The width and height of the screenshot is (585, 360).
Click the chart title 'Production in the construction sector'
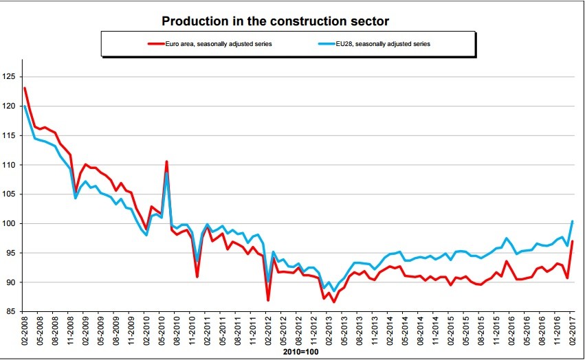(275, 21)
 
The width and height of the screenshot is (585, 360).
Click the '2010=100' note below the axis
(299, 353)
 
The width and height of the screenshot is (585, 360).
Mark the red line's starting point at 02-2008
(25, 88)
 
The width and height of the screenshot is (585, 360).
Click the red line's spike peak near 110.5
(166, 161)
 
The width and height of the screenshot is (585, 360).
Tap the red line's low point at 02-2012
(268, 300)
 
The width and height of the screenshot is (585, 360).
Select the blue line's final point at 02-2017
(573, 221)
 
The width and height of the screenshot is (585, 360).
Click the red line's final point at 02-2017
(573, 241)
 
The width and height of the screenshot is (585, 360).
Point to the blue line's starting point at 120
(25, 106)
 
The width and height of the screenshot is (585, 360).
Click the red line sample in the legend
(159, 43)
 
